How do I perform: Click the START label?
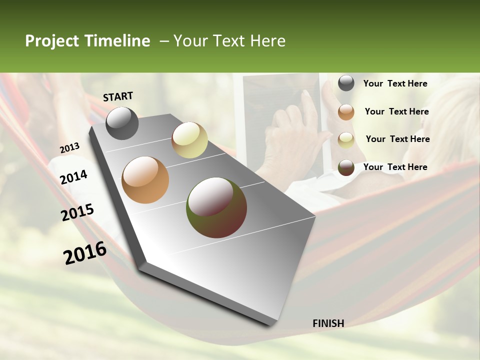click(118, 96)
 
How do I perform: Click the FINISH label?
click(328, 323)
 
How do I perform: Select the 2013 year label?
click(69, 147)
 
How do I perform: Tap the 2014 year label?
click(73, 177)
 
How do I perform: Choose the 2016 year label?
click(85, 252)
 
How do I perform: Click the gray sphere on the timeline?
click(122, 123)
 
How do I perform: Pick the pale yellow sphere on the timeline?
click(189, 140)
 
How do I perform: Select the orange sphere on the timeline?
click(145, 179)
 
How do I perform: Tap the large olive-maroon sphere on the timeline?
click(216, 207)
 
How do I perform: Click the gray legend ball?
click(346, 83)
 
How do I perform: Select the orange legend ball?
click(346, 112)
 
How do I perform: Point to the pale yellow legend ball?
click(346, 139)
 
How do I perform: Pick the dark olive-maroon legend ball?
click(346, 167)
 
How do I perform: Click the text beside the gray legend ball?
click(395, 84)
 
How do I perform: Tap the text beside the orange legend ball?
click(396, 112)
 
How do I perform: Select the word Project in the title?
click(52, 41)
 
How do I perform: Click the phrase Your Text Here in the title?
click(229, 41)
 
